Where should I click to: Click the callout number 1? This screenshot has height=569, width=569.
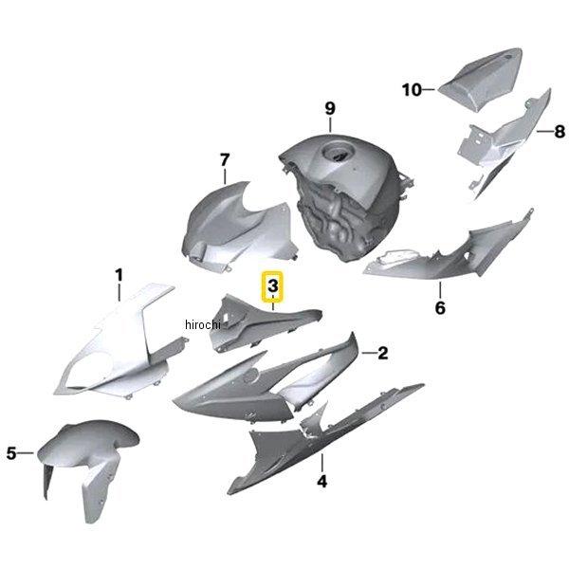tap(119, 275)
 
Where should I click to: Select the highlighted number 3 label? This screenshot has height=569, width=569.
tap(273, 286)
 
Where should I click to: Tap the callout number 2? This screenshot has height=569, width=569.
tap(383, 353)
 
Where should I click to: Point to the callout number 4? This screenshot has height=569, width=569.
tap(321, 482)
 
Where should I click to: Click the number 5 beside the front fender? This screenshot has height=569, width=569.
tap(11, 453)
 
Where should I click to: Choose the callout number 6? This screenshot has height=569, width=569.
tap(440, 308)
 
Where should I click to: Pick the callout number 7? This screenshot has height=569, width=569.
tap(225, 159)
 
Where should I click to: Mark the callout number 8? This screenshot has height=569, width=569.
tap(560, 132)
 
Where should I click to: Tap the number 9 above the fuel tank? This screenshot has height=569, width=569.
tap(330, 108)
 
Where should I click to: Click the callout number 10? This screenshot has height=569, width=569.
tap(412, 90)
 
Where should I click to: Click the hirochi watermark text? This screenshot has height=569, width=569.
tap(203, 324)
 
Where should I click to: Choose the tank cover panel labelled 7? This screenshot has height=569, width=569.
tap(236, 229)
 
